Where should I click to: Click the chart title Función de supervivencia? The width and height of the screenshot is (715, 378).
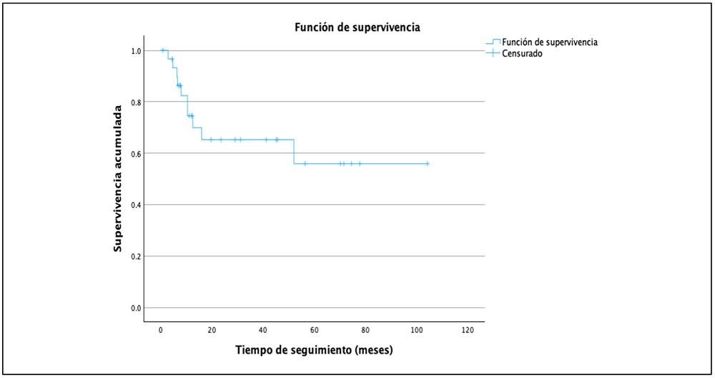357,28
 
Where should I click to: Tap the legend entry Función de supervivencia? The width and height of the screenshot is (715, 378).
549,42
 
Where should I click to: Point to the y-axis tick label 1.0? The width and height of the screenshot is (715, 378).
136,51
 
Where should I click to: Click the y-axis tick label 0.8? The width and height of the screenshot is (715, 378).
136,102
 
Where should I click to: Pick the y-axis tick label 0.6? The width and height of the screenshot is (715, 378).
136,153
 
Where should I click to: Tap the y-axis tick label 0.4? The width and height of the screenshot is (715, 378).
136,205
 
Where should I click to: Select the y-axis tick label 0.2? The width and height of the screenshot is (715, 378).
136,256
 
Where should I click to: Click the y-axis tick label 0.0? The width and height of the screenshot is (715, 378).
136,308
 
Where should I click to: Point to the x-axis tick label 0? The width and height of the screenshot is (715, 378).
161,331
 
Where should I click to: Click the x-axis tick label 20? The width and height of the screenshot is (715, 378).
212,331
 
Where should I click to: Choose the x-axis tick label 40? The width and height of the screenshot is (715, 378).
263,331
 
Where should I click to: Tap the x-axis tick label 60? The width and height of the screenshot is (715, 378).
315,331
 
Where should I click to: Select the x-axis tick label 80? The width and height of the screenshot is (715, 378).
365,331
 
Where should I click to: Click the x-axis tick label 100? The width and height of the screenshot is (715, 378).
417,331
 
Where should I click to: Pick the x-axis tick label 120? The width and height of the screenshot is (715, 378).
468,331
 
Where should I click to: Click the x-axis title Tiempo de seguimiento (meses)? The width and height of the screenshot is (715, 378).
315,351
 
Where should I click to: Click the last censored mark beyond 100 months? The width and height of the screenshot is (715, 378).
428,163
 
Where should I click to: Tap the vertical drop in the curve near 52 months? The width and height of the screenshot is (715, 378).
294,152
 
